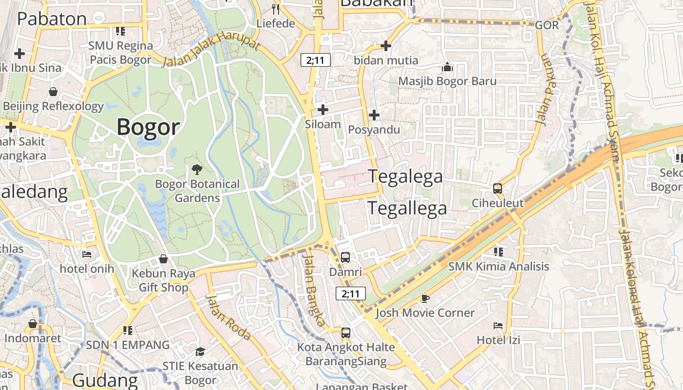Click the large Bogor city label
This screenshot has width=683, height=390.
148,127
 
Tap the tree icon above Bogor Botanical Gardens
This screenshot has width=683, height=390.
197,170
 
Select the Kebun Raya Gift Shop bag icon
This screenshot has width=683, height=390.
163,259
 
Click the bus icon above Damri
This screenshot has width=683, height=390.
345,257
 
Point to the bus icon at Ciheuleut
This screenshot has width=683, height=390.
497,188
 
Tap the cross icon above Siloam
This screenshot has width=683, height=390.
322,110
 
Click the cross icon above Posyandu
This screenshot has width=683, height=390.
374,115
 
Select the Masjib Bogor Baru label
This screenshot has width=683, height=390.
447,81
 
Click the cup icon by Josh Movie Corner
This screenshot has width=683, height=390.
425,298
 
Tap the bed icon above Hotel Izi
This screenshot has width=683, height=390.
498,325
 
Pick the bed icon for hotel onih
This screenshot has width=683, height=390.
87,254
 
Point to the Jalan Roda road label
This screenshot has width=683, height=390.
228,317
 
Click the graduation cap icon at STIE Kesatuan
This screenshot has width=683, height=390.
200,351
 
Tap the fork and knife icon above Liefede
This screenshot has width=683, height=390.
276,9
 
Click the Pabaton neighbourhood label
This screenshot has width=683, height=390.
52,19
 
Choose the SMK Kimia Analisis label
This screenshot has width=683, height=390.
499,266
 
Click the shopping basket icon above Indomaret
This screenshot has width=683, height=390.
33,324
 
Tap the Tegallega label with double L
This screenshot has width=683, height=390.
407,208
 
